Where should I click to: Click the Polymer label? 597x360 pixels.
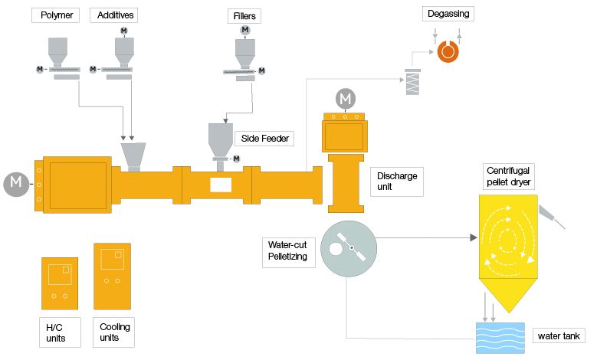[55, 16]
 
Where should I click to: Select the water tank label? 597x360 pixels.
[559, 335]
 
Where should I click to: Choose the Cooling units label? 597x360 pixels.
[115, 332]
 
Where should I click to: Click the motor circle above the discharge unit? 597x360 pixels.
[346, 98]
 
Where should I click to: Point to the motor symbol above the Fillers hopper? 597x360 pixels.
[245, 30]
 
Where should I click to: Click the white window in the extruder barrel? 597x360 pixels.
[221, 184]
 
